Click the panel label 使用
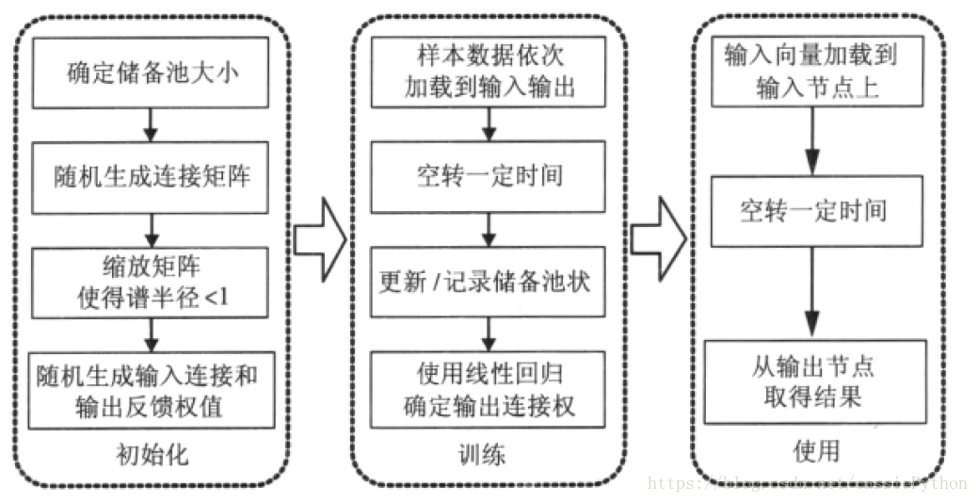817,451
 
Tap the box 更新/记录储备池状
487,281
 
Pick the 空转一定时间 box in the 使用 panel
811,208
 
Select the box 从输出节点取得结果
811,381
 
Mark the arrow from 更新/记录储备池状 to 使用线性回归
488,332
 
